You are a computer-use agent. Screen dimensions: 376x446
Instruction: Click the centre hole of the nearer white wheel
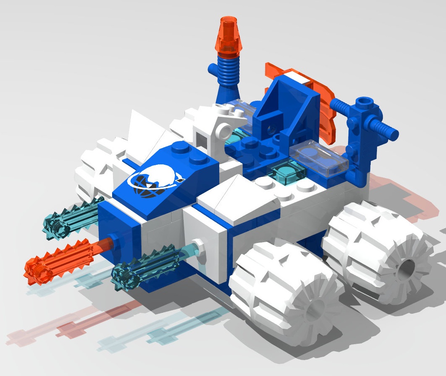click(x=315, y=308)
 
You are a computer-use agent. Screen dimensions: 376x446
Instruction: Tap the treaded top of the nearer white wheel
click(x=268, y=259)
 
